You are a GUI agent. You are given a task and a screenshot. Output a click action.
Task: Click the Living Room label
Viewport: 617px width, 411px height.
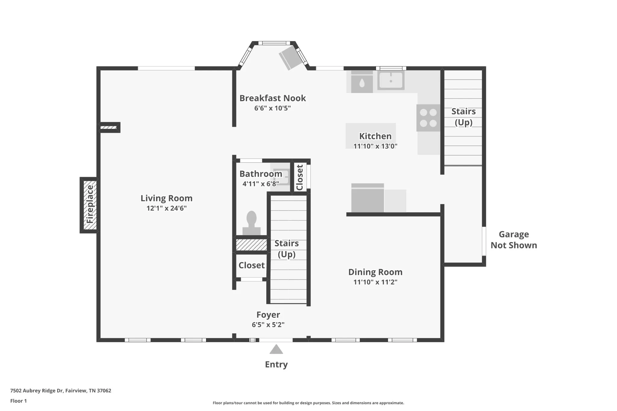[x=166, y=198]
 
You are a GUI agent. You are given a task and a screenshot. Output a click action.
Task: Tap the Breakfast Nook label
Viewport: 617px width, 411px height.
[x=273, y=98]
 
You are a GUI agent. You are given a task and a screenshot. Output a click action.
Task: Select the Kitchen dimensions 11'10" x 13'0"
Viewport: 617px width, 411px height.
[x=375, y=146]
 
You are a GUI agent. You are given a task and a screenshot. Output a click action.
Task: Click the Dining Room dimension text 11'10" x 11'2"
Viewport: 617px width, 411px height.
[x=375, y=282]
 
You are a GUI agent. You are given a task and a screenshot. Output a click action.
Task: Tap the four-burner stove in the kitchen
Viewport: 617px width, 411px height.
[x=428, y=118]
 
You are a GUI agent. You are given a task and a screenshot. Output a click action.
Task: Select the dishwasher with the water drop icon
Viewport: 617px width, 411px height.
[x=362, y=82]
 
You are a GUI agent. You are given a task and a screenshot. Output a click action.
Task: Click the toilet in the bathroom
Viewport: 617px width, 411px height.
[x=252, y=223]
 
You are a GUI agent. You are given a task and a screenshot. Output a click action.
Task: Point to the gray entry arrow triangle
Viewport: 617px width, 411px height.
[x=276, y=349]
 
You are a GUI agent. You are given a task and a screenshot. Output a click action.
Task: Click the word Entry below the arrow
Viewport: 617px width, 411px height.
[x=276, y=365]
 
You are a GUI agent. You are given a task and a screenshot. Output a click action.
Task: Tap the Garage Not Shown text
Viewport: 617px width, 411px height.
[x=514, y=240]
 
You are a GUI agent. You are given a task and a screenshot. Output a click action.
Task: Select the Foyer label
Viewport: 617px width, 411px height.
[x=268, y=315]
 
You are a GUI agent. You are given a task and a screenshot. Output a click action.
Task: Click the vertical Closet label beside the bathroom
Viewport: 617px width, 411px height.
[x=299, y=177]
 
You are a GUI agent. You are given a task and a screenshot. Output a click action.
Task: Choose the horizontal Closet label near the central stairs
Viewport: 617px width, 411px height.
[x=252, y=265]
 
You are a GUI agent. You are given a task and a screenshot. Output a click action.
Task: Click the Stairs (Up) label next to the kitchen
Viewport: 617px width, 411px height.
[x=463, y=117]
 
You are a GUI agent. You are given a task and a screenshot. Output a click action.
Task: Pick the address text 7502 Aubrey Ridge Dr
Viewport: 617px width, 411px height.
[x=36, y=391]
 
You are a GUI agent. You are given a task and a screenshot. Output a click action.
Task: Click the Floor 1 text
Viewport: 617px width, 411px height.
[x=18, y=401]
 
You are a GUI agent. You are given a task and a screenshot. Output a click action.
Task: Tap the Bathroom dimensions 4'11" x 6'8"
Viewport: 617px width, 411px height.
[x=261, y=184]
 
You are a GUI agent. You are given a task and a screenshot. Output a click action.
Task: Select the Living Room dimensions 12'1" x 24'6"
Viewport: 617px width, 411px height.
[x=167, y=208]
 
